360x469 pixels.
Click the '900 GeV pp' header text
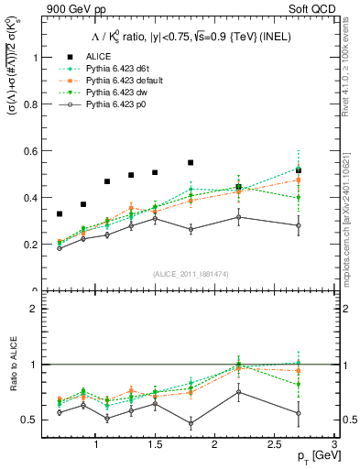[71, 9]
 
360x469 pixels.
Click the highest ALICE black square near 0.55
[191, 162]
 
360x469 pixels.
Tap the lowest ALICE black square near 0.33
[60, 213]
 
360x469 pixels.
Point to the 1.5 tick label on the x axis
[155, 444]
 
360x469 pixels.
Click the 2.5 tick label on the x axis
[274, 444]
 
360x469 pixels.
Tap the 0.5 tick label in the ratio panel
[30, 420]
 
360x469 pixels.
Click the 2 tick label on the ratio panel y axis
[35, 309]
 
